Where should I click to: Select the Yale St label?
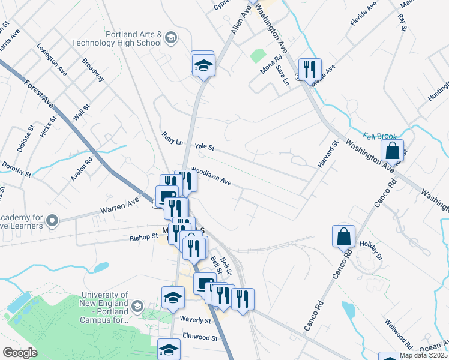pyautogui.click(x=204, y=146)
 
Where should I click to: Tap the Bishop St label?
pyautogui.click(x=143, y=238)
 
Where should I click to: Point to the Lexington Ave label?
pyautogui.click(x=52, y=58)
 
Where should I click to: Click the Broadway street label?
pyautogui.click(x=93, y=70)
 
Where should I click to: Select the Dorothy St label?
pyautogui.click(x=16, y=169)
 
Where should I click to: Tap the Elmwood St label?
pyautogui.click(x=200, y=338)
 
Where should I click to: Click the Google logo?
pyautogui.click(x=20, y=353)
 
